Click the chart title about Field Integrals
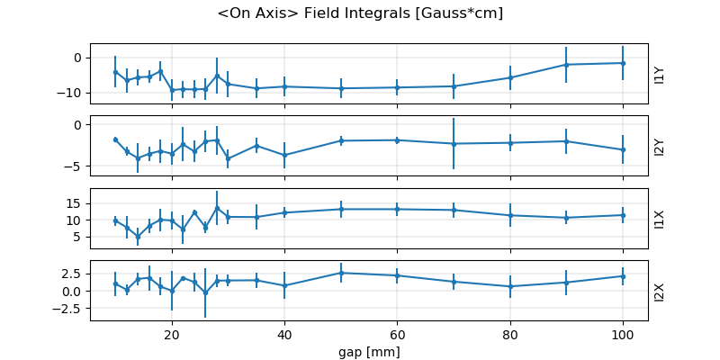tap(360, 13)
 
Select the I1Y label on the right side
tap(660, 74)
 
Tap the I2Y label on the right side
tap(660, 147)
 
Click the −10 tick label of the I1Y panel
tap(70, 93)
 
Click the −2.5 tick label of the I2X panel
tap(68, 309)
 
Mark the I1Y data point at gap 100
tap(622, 63)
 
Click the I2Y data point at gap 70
tap(454, 144)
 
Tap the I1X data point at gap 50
tap(341, 209)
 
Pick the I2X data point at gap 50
tap(341, 273)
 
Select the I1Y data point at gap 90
tap(566, 65)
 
